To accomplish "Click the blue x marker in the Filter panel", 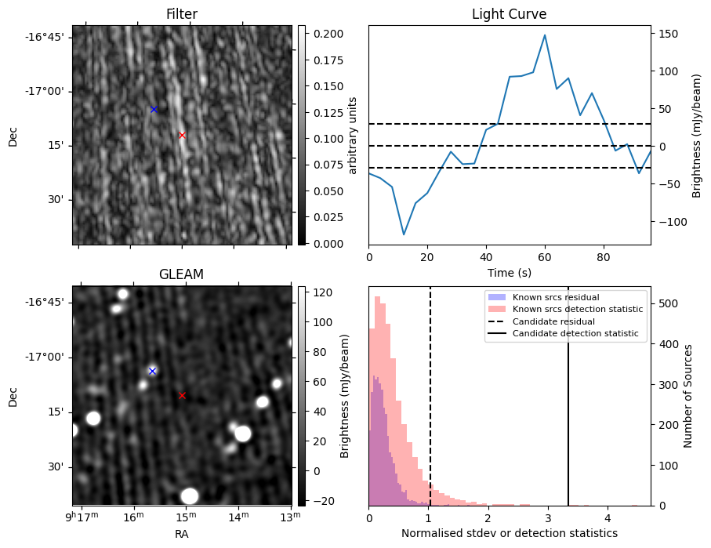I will pyautogui.click(x=154, y=110).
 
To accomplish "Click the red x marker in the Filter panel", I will pyautogui.click(x=182, y=135).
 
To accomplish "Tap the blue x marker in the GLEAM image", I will pyautogui.click(x=152, y=371).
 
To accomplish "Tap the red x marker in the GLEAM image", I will pyautogui.click(x=182, y=396).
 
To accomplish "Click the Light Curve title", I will pyautogui.click(x=509, y=15).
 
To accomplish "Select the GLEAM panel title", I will pyautogui.click(x=181, y=274).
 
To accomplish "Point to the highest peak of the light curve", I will pyautogui.click(x=545, y=35).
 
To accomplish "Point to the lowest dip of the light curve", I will pyautogui.click(x=404, y=234).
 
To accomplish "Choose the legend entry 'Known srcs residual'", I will pyautogui.click(x=555, y=298).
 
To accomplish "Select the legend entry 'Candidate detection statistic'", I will pyautogui.click(x=575, y=334).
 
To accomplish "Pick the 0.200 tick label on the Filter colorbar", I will pyautogui.click(x=323, y=34).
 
